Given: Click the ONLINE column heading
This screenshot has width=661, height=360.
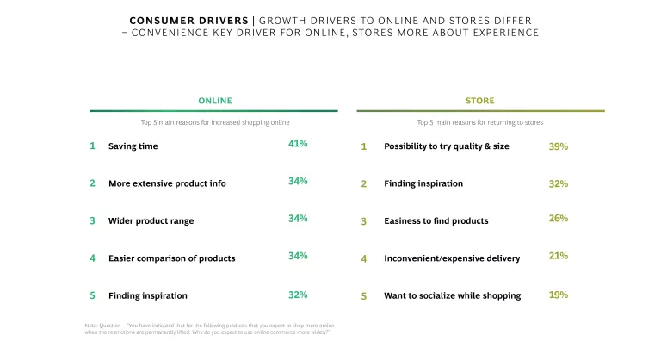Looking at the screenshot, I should pyautogui.click(x=215, y=101).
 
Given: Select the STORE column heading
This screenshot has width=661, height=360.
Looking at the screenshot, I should pyautogui.click(x=480, y=101).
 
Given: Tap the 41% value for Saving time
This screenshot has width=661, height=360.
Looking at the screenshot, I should pyautogui.click(x=298, y=144).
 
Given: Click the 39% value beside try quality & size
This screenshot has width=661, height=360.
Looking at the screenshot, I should pyautogui.click(x=558, y=146).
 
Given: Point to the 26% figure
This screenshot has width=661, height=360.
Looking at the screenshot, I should pyautogui.click(x=558, y=219).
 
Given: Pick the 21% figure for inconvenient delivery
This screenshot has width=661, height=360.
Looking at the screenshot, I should pyautogui.click(x=558, y=256).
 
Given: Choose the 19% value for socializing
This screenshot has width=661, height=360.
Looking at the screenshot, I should pyautogui.click(x=558, y=295).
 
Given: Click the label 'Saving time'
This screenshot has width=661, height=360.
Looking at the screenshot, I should pyautogui.click(x=133, y=146).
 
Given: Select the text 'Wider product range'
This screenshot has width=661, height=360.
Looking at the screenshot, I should pyautogui.click(x=151, y=221).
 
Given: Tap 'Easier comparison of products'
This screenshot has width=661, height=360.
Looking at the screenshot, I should pyautogui.click(x=171, y=258).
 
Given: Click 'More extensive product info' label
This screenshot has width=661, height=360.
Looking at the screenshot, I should pyautogui.click(x=167, y=183).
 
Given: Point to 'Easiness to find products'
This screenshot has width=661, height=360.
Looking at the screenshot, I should pyautogui.click(x=436, y=221).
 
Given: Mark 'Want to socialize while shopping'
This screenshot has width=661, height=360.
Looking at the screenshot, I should pyautogui.click(x=452, y=295).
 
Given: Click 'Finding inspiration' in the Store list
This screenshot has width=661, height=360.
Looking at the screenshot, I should pyautogui.click(x=423, y=183).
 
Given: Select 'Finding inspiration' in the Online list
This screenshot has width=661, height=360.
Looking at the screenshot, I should pyautogui.click(x=147, y=295).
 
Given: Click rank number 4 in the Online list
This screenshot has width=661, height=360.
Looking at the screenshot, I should pyautogui.click(x=92, y=258).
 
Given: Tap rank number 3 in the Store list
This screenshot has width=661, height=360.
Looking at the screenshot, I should pyautogui.click(x=363, y=221).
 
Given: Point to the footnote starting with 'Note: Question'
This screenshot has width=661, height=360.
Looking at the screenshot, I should pyautogui.click(x=207, y=328).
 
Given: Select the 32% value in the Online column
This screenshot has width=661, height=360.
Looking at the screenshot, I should pyautogui.click(x=298, y=295).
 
